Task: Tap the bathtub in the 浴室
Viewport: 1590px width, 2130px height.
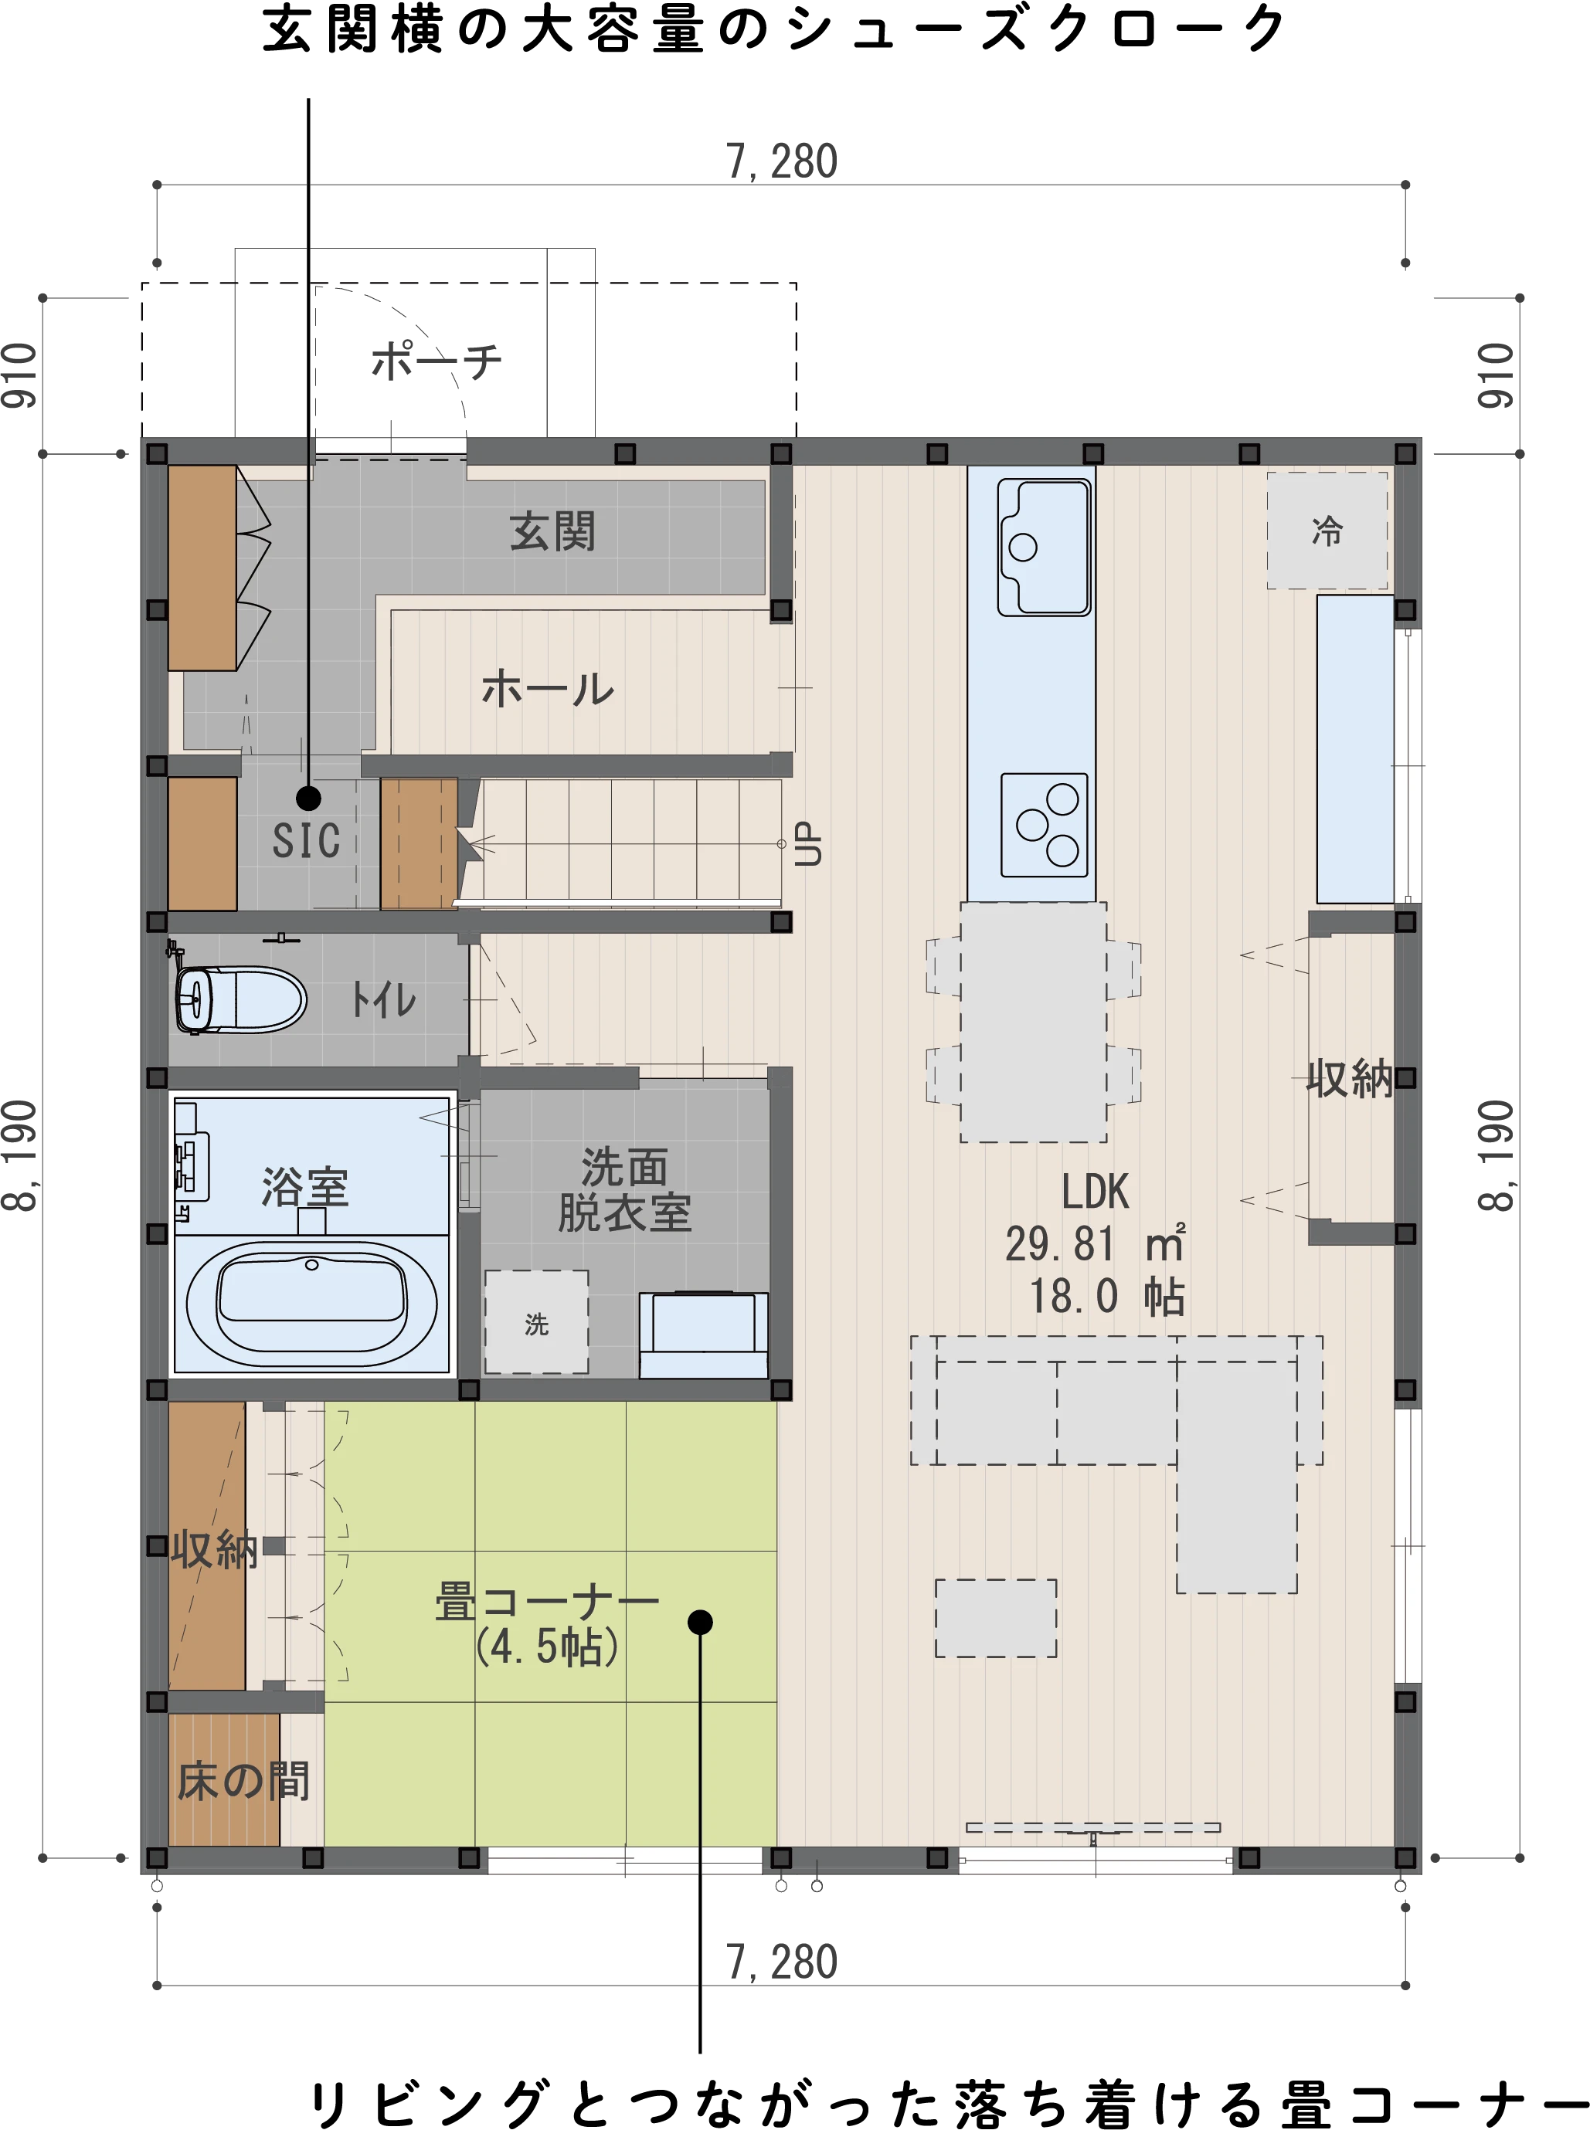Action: pos(311,1304)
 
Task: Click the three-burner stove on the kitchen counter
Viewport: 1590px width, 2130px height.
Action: pos(1045,826)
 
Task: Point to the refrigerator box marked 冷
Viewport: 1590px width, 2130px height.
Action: pos(1327,530)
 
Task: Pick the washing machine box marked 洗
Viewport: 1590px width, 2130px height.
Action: pos(536,1322)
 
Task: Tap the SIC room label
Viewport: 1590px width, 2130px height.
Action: pos(306,840)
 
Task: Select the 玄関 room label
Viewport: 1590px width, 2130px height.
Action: pos(552,531)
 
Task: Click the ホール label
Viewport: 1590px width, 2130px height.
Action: pos(548,689)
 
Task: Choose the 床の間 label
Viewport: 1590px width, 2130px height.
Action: pos(243,1781)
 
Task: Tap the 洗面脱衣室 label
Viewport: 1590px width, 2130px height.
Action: pos(623,1189)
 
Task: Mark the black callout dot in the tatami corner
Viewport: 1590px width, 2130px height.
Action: pos(700,1622)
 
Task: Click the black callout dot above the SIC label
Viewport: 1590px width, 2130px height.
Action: pos(308,798)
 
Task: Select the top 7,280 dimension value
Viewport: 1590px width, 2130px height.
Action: pos(782,161)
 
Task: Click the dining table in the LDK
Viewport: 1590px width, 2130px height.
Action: pos(1034,1022)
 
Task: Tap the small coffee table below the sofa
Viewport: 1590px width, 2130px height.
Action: pos(996,1617)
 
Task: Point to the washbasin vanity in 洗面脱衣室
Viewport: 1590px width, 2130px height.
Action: pos(704,1335)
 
